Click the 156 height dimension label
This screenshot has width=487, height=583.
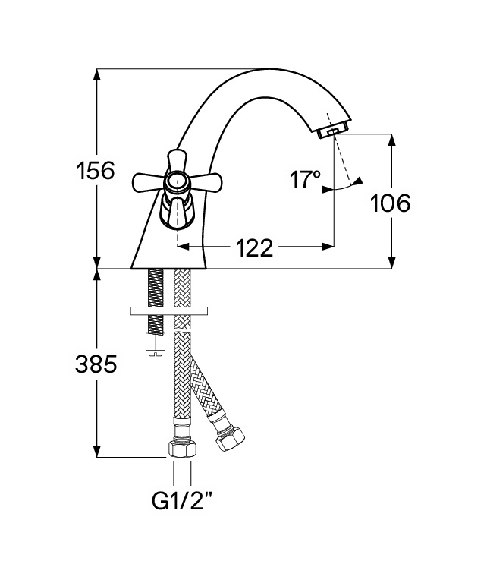96,171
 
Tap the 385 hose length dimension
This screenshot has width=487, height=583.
96,364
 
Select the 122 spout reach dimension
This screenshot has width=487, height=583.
255,247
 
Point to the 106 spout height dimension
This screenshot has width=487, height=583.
391,203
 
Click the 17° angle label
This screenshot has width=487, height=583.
305,180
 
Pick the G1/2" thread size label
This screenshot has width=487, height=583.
182,500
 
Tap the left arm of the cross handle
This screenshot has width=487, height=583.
149,183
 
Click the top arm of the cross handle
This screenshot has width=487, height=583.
176,160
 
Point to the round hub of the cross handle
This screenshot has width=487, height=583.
177,182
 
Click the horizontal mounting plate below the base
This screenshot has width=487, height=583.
169,310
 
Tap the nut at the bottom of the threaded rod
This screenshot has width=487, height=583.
156,345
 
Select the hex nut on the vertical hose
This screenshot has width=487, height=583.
182,449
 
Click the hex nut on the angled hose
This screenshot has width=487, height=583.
231,440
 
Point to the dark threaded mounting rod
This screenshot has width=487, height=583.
156,301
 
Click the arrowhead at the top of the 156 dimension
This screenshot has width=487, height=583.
97,75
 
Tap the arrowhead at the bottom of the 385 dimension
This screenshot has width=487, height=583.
97,451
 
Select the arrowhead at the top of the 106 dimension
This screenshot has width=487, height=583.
392,140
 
